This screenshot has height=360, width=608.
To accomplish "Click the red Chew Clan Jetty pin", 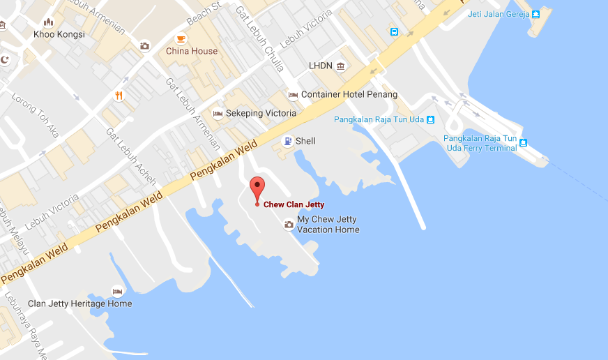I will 257,189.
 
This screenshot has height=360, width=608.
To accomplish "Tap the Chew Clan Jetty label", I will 294,204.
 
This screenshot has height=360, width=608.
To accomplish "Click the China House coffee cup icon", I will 181,38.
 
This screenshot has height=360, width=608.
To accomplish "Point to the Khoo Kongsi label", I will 59,34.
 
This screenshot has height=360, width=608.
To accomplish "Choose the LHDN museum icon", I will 341,66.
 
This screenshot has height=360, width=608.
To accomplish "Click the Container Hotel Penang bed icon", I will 293,95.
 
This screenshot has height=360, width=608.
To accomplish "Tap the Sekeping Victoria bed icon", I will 218,114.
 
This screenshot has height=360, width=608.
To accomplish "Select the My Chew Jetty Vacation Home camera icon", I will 289,224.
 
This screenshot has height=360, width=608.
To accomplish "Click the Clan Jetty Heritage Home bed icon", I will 118,291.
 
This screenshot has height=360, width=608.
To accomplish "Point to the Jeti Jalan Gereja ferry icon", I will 535,14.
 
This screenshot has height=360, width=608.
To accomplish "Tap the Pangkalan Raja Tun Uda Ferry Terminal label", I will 480,143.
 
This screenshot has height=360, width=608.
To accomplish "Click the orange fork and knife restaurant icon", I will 119,96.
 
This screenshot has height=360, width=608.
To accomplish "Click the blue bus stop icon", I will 394,31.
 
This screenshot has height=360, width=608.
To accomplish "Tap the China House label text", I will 192,51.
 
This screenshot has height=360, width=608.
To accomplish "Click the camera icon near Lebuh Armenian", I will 144,46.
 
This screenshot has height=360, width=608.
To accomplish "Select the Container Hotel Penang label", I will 349,94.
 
